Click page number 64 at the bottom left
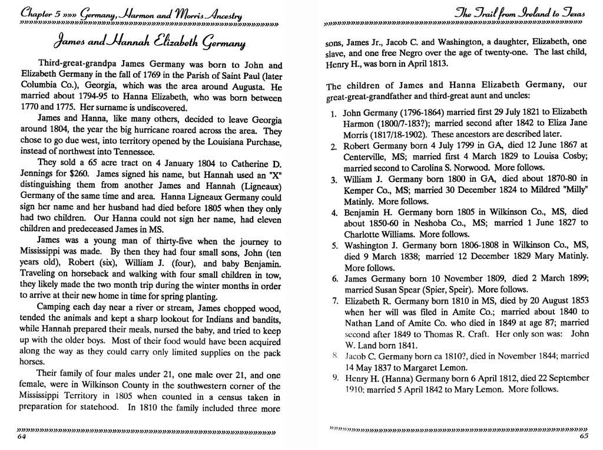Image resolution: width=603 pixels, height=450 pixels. pos(22,437)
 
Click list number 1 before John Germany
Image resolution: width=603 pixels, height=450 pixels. pos(333,113)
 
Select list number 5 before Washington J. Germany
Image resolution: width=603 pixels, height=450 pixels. pos(333,245)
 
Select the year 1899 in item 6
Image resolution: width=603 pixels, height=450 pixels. pos(575,278)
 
